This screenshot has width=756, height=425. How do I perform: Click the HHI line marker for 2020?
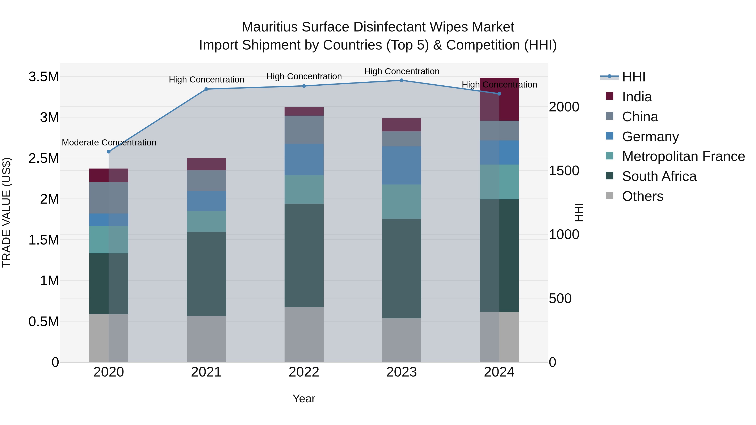109,152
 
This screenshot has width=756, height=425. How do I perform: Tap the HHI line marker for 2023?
402,80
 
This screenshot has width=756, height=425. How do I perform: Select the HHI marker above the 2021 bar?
206,89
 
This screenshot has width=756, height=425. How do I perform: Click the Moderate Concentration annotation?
109,143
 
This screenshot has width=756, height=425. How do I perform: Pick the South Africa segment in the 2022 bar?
304,255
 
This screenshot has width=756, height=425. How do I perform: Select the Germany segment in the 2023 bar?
402,165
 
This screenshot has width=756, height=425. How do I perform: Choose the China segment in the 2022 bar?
304,130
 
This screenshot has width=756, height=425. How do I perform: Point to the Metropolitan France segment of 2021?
206,221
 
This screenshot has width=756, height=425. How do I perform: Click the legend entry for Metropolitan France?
683,156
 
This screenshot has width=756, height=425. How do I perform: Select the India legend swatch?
610,96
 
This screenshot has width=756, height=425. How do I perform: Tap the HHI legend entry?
633,77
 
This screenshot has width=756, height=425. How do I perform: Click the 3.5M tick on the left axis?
43,77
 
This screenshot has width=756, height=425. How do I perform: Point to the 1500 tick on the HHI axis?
564,171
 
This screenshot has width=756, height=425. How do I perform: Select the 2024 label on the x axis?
499,372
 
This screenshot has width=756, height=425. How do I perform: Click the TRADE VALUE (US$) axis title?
7,212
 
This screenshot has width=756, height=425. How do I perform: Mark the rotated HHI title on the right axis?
579,212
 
